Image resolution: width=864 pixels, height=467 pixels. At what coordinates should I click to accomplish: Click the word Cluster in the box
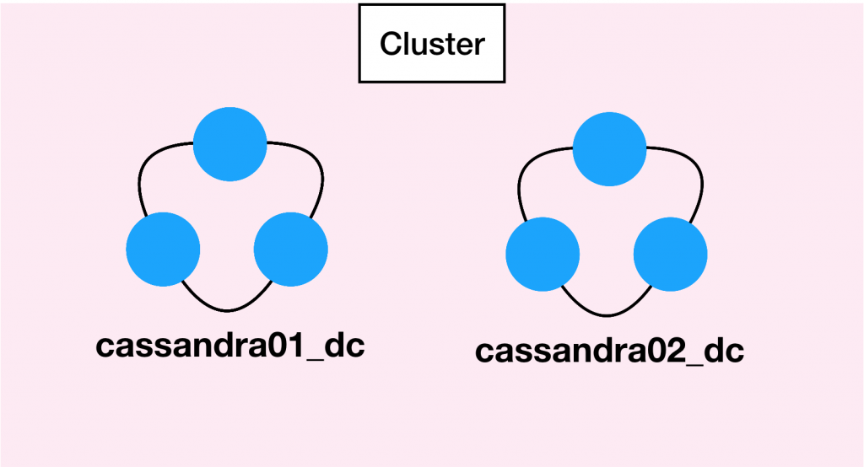point(432,44)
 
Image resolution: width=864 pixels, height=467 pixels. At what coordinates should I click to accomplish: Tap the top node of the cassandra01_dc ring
point(230,145)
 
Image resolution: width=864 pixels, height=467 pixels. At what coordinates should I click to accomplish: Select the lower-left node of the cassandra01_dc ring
point(163,250)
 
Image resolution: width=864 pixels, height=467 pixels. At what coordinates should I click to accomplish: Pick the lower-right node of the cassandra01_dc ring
point(290,250)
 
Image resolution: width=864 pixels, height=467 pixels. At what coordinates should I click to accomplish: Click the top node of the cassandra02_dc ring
point(609,148)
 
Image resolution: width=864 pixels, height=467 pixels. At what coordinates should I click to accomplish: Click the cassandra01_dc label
point(229,346)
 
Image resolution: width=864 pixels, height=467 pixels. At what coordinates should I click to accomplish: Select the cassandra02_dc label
point(609,351)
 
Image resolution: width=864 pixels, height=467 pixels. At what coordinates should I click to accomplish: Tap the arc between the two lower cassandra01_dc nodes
point(226,308)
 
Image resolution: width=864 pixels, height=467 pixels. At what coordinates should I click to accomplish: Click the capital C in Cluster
point(389,44)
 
